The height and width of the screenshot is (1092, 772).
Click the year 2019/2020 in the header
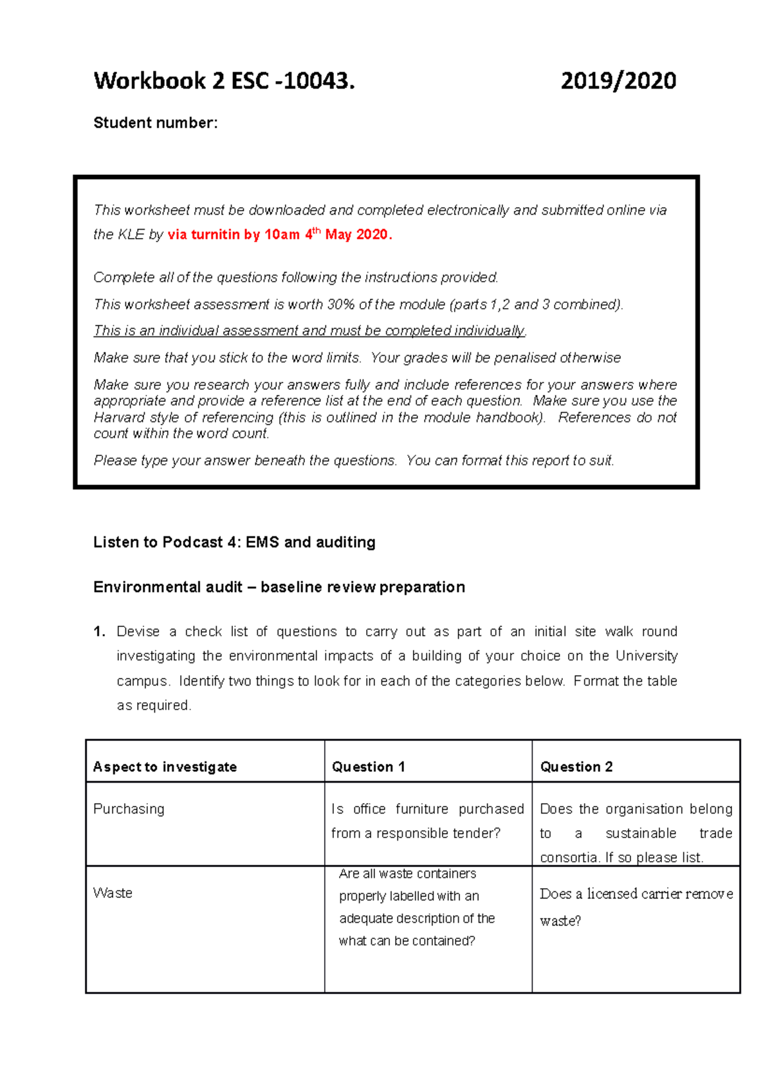(618, 81)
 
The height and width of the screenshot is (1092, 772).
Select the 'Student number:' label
(156, 123)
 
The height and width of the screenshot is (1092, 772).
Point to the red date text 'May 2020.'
(358, 235)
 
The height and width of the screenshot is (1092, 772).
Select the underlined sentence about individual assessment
(309, 331)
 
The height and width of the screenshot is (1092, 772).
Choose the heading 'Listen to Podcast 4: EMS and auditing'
(234, 542)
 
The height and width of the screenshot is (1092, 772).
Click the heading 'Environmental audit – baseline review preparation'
(279, 587)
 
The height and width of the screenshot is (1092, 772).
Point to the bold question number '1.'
(99, 632)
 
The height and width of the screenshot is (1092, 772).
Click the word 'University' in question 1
(646, 656)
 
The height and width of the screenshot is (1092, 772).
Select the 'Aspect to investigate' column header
(165, 767)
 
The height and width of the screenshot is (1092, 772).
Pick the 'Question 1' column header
(368, 767)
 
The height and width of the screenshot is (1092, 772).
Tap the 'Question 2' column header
(576, 767)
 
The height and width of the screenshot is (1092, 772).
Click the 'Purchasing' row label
(129, 809)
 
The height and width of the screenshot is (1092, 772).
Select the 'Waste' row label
(113, 893)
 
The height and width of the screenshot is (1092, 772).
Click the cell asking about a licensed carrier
(636, 906)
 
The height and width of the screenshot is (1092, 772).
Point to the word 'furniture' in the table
(421, 809)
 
